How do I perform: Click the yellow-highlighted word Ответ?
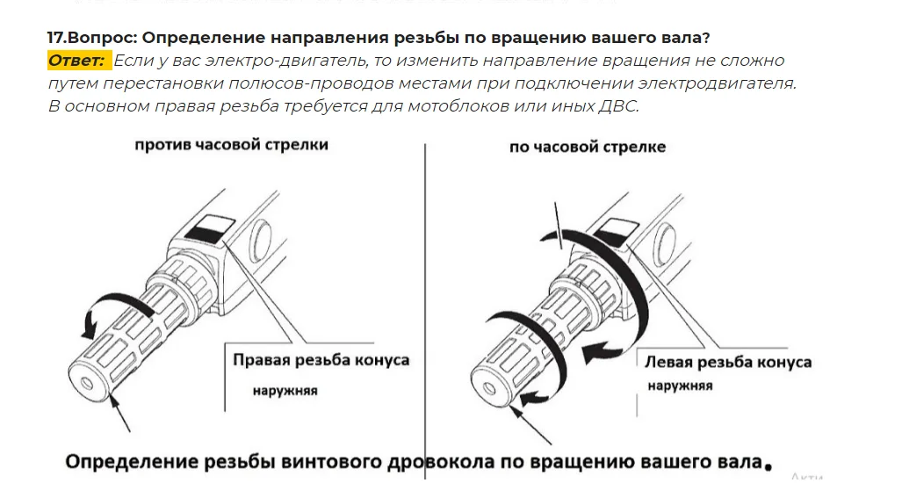pos(77,61)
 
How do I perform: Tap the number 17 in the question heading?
pos(54,38)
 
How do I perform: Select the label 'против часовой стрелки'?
pos(231,145)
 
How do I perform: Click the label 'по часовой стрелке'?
pos(587,147)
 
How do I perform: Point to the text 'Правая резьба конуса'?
pos(321,360)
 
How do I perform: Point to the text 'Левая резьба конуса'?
pos(728,362)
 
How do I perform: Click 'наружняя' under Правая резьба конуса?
pos(285,391)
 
